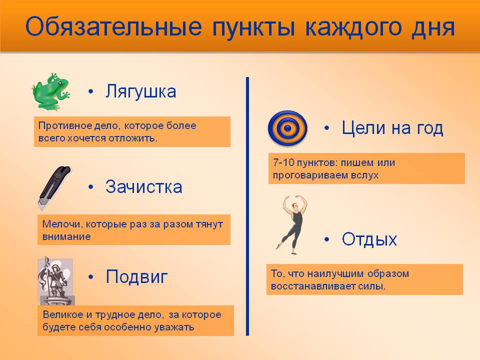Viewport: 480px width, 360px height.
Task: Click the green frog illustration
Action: tap(51, 91)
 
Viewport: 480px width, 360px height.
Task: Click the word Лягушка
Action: tap(141, 91)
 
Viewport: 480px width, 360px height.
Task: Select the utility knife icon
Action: tap(54, 187)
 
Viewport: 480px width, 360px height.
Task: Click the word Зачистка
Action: tap(144, 186)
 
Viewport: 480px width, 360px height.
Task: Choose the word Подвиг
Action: tap(136, 276)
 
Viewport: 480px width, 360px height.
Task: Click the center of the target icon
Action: tap(287, 128)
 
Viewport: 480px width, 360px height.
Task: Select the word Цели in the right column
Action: tap(363, 127)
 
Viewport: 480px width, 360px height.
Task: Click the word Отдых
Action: tap(369, 239)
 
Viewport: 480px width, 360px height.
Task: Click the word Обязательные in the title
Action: tap(113, 26)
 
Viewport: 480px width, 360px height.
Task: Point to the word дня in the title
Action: tap(433, 27)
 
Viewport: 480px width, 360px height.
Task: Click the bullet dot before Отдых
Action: tap(326, 239)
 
